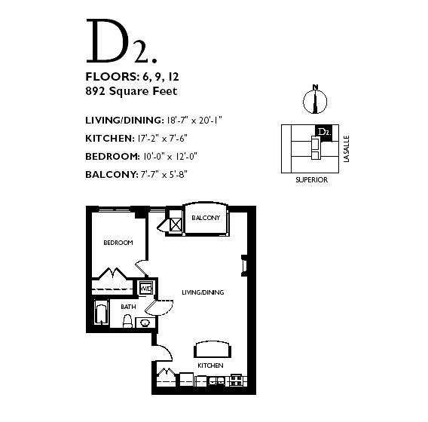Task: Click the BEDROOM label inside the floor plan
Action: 118,243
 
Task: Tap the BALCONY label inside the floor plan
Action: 206,218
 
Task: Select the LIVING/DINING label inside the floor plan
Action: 203,292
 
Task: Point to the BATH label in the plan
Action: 128,307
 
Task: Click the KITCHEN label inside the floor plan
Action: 210,365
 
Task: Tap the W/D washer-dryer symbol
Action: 146,288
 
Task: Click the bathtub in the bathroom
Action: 102,313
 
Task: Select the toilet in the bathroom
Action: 127,321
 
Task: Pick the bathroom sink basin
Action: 145,323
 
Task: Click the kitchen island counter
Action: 212,350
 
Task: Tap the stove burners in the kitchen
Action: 236,381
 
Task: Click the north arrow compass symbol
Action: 315,100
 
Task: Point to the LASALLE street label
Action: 347,149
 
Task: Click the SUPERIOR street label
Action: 312,180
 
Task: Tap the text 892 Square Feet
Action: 131,91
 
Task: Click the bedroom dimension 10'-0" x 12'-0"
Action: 170,157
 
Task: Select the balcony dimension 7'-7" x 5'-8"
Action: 164,174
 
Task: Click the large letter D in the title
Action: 108,41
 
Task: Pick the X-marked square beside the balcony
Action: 176,225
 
